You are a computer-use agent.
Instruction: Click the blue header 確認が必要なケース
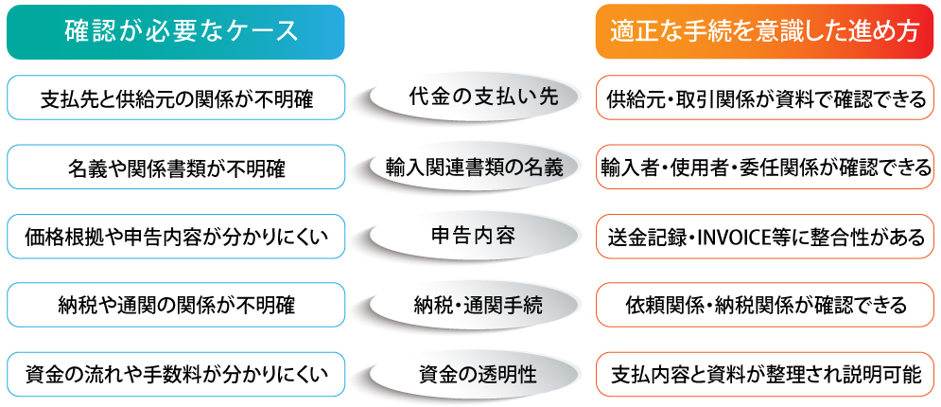coord(176,32)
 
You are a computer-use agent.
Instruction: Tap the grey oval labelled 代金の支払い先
coord(471,97)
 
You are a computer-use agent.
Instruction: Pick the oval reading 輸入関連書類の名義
coord(471,168)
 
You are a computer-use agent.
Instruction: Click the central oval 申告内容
coord(471,236)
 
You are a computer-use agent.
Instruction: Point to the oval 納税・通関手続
coord(471,305)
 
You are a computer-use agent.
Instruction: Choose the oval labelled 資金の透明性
coord(471,374)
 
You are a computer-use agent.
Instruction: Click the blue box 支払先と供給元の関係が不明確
coord(176,98)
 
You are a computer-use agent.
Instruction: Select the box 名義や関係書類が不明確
coord(176,168)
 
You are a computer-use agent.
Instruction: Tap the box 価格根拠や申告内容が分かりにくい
coord(176,237)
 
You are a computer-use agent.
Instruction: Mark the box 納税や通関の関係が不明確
coord(176,305)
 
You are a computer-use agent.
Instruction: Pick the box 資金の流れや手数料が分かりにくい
coord(176,374)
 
